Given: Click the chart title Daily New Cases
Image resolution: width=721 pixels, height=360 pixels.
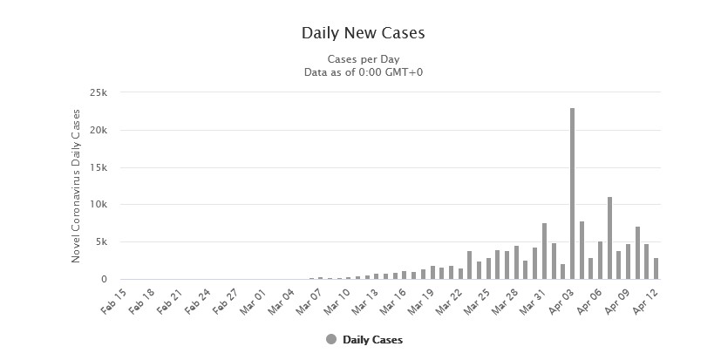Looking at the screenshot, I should pyautogui.click(x=362, y=33).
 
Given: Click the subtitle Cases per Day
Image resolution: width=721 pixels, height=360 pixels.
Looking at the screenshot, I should pyautogui.click(x=362, y=58).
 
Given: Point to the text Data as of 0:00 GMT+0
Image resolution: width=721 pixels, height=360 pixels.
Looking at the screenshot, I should pyautogui.click(x=362, y=71).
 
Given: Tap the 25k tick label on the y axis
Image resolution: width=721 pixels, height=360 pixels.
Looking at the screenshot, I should pyautogui.click(x=96, y=93).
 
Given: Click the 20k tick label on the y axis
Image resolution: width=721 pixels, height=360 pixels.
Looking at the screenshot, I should pyautogui.click(x=96, y=131).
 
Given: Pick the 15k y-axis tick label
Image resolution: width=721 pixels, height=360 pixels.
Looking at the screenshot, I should pyautogui.click(x=96, y=167).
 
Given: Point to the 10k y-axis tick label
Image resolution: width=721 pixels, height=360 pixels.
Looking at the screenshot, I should pyautogui.click(x=96, y=205).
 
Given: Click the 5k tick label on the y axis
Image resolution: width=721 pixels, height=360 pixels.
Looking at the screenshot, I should pyautogui.click(x=99, y=242).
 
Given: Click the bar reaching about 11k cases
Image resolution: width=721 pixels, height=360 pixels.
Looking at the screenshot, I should pyautogui.click(x=609, y=238).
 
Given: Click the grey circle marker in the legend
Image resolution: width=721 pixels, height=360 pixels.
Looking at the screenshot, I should pyautogui.click(x=331, y=339).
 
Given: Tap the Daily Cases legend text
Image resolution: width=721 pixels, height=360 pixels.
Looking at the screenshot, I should pyautogui.click(x=373, y=339).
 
